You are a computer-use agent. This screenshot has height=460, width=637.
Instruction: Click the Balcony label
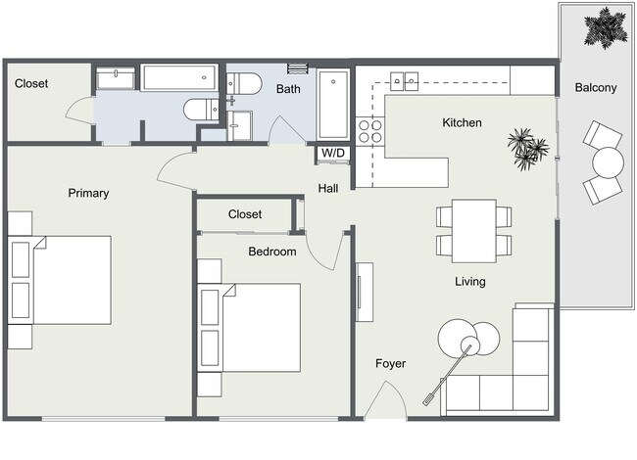(x=596, y=88)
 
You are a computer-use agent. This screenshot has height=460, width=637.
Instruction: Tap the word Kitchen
(x=462, y=123)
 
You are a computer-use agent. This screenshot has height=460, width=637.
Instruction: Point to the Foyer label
(x=391, y=364)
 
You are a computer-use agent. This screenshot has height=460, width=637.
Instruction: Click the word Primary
(x=88, y=193)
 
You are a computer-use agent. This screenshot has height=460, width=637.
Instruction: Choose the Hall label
(x=328, y=188)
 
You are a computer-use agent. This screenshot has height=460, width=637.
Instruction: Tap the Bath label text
(x=288, y=89)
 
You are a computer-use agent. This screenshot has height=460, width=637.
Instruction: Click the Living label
(x=470, y=282)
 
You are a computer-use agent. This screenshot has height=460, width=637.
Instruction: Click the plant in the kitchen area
(x=528, y=148)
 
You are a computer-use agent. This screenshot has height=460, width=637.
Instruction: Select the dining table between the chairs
(x=473, y=231)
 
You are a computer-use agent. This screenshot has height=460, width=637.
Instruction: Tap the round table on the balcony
(x=608, y=161)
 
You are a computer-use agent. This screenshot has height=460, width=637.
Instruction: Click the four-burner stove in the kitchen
(x=369, y=131)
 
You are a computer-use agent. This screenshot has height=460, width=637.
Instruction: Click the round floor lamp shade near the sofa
(x=458, y=339)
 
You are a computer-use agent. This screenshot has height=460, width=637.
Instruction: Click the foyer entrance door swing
(x=388, y=401)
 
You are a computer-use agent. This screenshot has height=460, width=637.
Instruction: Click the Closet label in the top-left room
(x=31, y=84)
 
